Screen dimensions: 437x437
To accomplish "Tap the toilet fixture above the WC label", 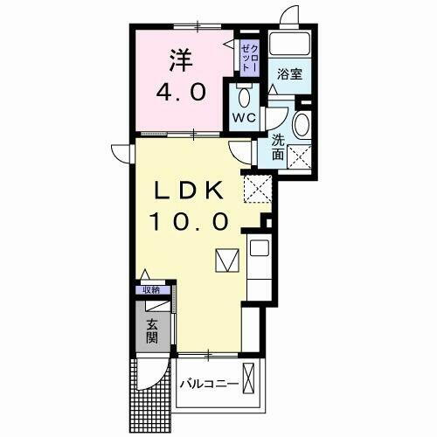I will coord(242,94).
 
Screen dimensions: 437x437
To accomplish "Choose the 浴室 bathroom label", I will coord(288,73).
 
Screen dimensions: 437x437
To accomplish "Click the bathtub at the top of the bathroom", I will coord(289,44).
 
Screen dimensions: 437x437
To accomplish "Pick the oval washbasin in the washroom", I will coord(302,125).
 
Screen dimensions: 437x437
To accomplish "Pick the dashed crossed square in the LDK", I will coord(256,187).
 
